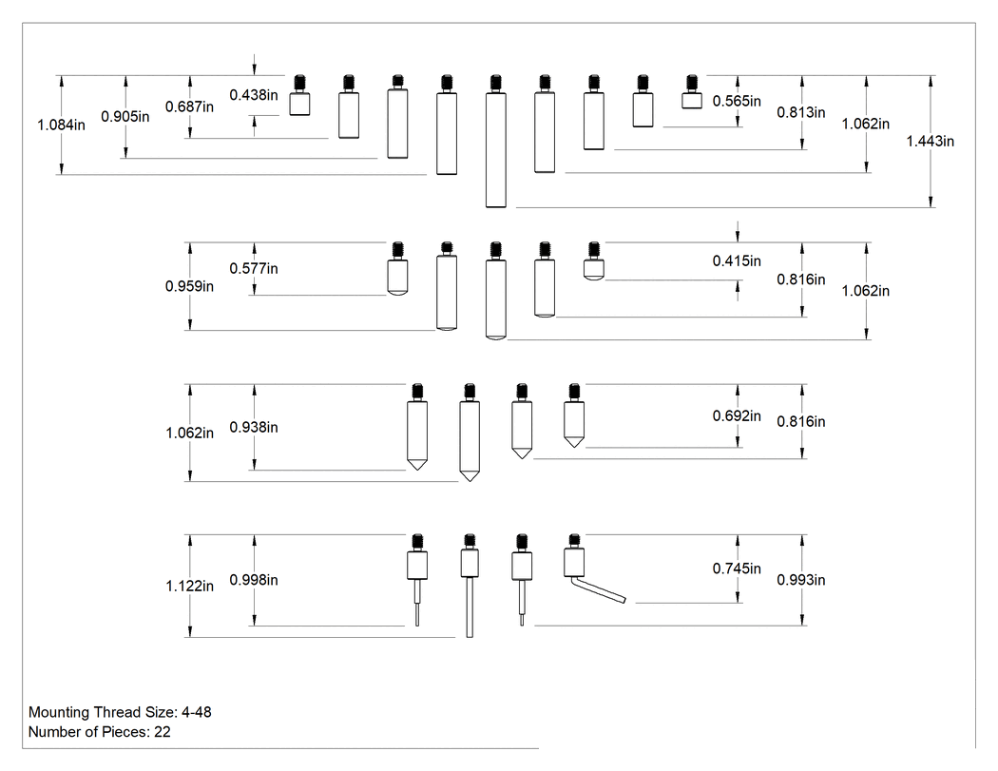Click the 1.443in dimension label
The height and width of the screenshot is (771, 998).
[930, 142]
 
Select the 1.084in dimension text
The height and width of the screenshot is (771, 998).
[61, 125]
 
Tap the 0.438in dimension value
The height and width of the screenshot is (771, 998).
[254, 95]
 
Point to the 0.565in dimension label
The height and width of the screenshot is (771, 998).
[737, 101]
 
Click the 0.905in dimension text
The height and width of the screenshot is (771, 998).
[125, 117]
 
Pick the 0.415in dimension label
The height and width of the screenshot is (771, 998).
[737, 261]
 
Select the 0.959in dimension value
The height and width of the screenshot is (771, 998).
[190, 286]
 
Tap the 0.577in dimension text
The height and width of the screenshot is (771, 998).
[254, 269]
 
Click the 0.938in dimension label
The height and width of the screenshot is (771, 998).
[254, 427]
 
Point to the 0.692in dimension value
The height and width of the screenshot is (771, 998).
[737, 415]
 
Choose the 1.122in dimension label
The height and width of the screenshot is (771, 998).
[190, 586]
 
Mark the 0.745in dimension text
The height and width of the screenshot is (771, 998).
[737, 569]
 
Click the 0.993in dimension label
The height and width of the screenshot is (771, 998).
[800, 580]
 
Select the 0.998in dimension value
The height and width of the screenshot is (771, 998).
[254, 580]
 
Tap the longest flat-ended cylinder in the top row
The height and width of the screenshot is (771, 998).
[496, 142]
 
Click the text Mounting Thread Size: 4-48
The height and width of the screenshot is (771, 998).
[120, 712]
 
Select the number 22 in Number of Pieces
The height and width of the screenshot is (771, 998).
[163, 731]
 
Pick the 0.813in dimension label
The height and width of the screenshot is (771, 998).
[800, 113]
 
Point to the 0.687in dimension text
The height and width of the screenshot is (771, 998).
[190, 107]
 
